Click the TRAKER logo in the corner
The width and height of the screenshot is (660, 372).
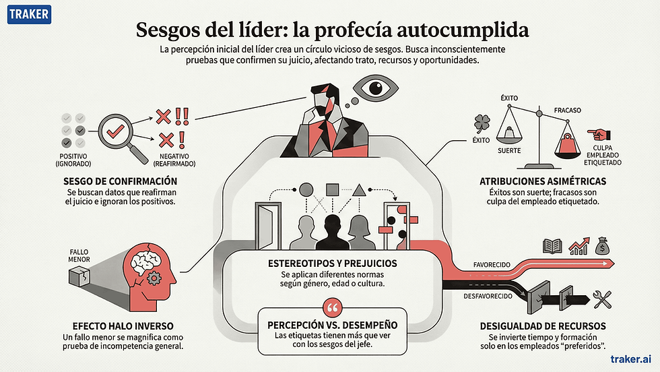click(29, 13)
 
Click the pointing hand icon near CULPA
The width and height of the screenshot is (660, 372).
click(597, 134)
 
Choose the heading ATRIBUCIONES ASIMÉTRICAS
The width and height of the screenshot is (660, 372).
click(542, 181)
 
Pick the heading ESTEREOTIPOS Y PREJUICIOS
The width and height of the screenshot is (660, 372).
click(331, 263)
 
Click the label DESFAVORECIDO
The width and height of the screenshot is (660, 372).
click(488, 296)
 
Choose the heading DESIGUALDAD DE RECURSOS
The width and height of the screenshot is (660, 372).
click(543, 326)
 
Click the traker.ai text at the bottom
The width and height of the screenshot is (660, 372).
click(629, 359)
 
